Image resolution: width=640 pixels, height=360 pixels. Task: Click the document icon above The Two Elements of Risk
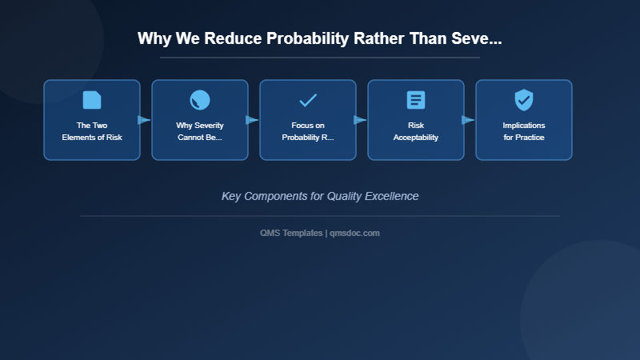(x=92, y=100)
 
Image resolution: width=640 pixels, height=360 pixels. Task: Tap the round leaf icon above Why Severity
(x=200, y=100)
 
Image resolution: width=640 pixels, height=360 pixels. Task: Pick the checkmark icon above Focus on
(x=308, y=100)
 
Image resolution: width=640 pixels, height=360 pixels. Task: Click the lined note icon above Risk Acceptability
(x=416, y=100)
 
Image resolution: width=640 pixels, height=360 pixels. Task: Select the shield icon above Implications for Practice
(x=524, y=100)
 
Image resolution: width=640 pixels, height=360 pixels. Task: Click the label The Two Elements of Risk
(x=92, y=131)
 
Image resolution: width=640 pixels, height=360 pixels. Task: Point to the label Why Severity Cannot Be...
(x=200, y=131)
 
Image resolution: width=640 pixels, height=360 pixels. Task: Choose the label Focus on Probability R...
(x=308, y=131)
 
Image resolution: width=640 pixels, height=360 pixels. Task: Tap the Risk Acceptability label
(x=416, y=131)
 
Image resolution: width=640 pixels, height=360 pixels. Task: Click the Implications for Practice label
(x=524, y=131)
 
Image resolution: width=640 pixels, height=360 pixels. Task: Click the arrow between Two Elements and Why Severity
(x=144, y=120)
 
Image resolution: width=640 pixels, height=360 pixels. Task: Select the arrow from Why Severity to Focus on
(x=252, y=120)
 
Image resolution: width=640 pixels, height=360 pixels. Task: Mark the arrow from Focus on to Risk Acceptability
(x=360, y=120)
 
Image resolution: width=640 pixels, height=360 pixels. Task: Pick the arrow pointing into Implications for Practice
(x=468, y=120)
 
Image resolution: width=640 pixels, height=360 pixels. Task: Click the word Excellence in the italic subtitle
(x=391, y=196)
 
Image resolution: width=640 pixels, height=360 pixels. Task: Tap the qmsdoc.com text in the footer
(x=354, y=233)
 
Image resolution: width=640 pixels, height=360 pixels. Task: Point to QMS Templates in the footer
(x=291, y=233)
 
